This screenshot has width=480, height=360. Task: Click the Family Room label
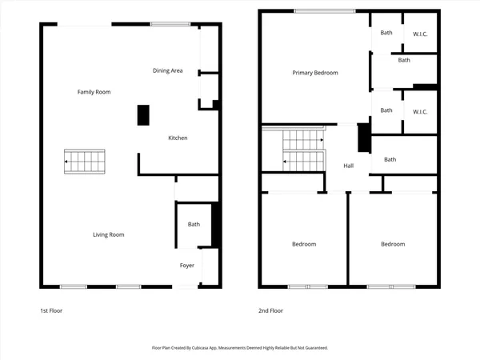(94, 92)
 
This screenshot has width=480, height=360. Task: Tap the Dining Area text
(168, 71)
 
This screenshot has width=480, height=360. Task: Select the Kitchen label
(178, 138)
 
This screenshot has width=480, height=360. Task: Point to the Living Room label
(108, 234)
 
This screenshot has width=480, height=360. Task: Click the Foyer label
(186, 265)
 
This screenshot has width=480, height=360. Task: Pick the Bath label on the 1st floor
(194, 225)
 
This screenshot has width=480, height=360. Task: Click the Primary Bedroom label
(314, 73)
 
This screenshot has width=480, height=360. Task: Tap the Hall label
(349, 166)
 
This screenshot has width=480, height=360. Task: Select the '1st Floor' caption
(50, 310)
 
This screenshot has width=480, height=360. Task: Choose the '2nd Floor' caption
(270, 310)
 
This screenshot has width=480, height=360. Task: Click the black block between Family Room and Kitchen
(143, 115)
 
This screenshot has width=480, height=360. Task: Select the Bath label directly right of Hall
(390, 159)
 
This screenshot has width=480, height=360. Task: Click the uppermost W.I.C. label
(420, 34)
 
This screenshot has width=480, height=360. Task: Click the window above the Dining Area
(166, 24)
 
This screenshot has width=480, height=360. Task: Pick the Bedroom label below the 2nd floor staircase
(303, 244)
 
